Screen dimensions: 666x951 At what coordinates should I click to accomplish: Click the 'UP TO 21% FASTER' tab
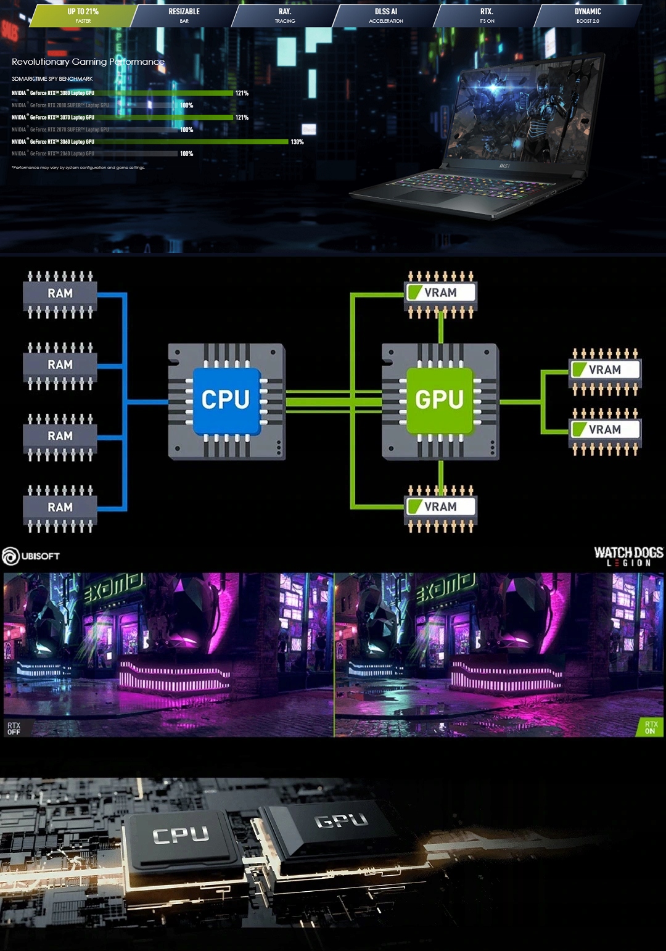tap(83, 15)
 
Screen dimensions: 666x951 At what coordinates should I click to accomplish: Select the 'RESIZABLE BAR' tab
tap(184, 15)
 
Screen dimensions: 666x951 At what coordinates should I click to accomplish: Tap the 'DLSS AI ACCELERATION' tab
tap(386, 15)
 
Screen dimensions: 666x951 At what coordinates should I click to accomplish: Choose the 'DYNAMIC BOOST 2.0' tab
tap(588, 15)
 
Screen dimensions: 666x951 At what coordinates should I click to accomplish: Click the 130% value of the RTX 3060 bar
tap(297, 142)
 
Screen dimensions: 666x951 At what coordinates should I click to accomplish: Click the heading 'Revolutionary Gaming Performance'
tap(88, 62)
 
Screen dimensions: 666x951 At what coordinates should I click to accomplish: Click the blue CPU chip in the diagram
tap(226, 400)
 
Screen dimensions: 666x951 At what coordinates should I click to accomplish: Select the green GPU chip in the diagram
tap(440, 400)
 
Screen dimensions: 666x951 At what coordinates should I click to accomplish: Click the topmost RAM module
tap(60, 294)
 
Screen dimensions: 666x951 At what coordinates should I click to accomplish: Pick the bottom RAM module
tap(60, 508)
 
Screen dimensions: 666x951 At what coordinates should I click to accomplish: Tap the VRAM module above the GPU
tap(440, 293)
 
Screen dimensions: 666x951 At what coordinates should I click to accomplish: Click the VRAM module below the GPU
tap(440, 507)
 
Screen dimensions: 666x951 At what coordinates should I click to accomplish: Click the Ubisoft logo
tap(31, 556)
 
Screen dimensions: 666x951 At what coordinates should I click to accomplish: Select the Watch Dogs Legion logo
tap(628, 556)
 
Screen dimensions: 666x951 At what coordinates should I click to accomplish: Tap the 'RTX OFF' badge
tap(14, 728)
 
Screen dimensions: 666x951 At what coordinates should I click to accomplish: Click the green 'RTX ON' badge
tap(651, 728)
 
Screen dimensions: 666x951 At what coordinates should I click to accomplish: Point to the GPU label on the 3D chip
tap(341, 820)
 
